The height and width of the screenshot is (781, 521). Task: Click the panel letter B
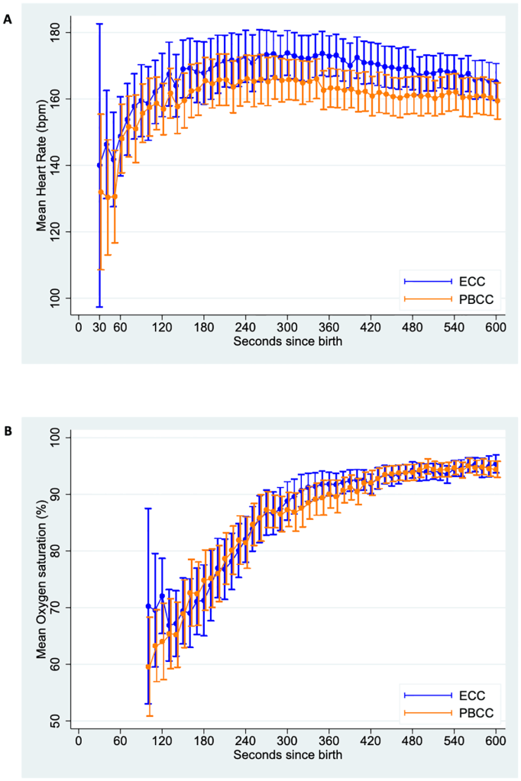[8, 431]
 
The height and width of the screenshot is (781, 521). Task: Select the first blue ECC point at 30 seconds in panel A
[99, 165]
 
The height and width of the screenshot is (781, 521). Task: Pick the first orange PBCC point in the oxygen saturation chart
[148, 666]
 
